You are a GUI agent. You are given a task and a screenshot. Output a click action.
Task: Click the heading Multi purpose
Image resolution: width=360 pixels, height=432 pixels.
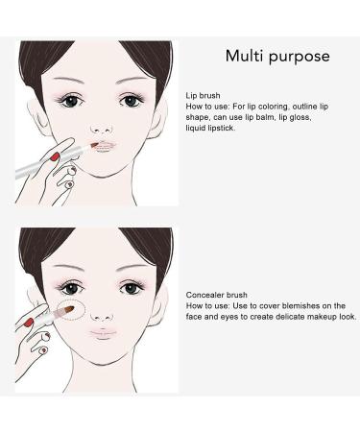tap(276, 56)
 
